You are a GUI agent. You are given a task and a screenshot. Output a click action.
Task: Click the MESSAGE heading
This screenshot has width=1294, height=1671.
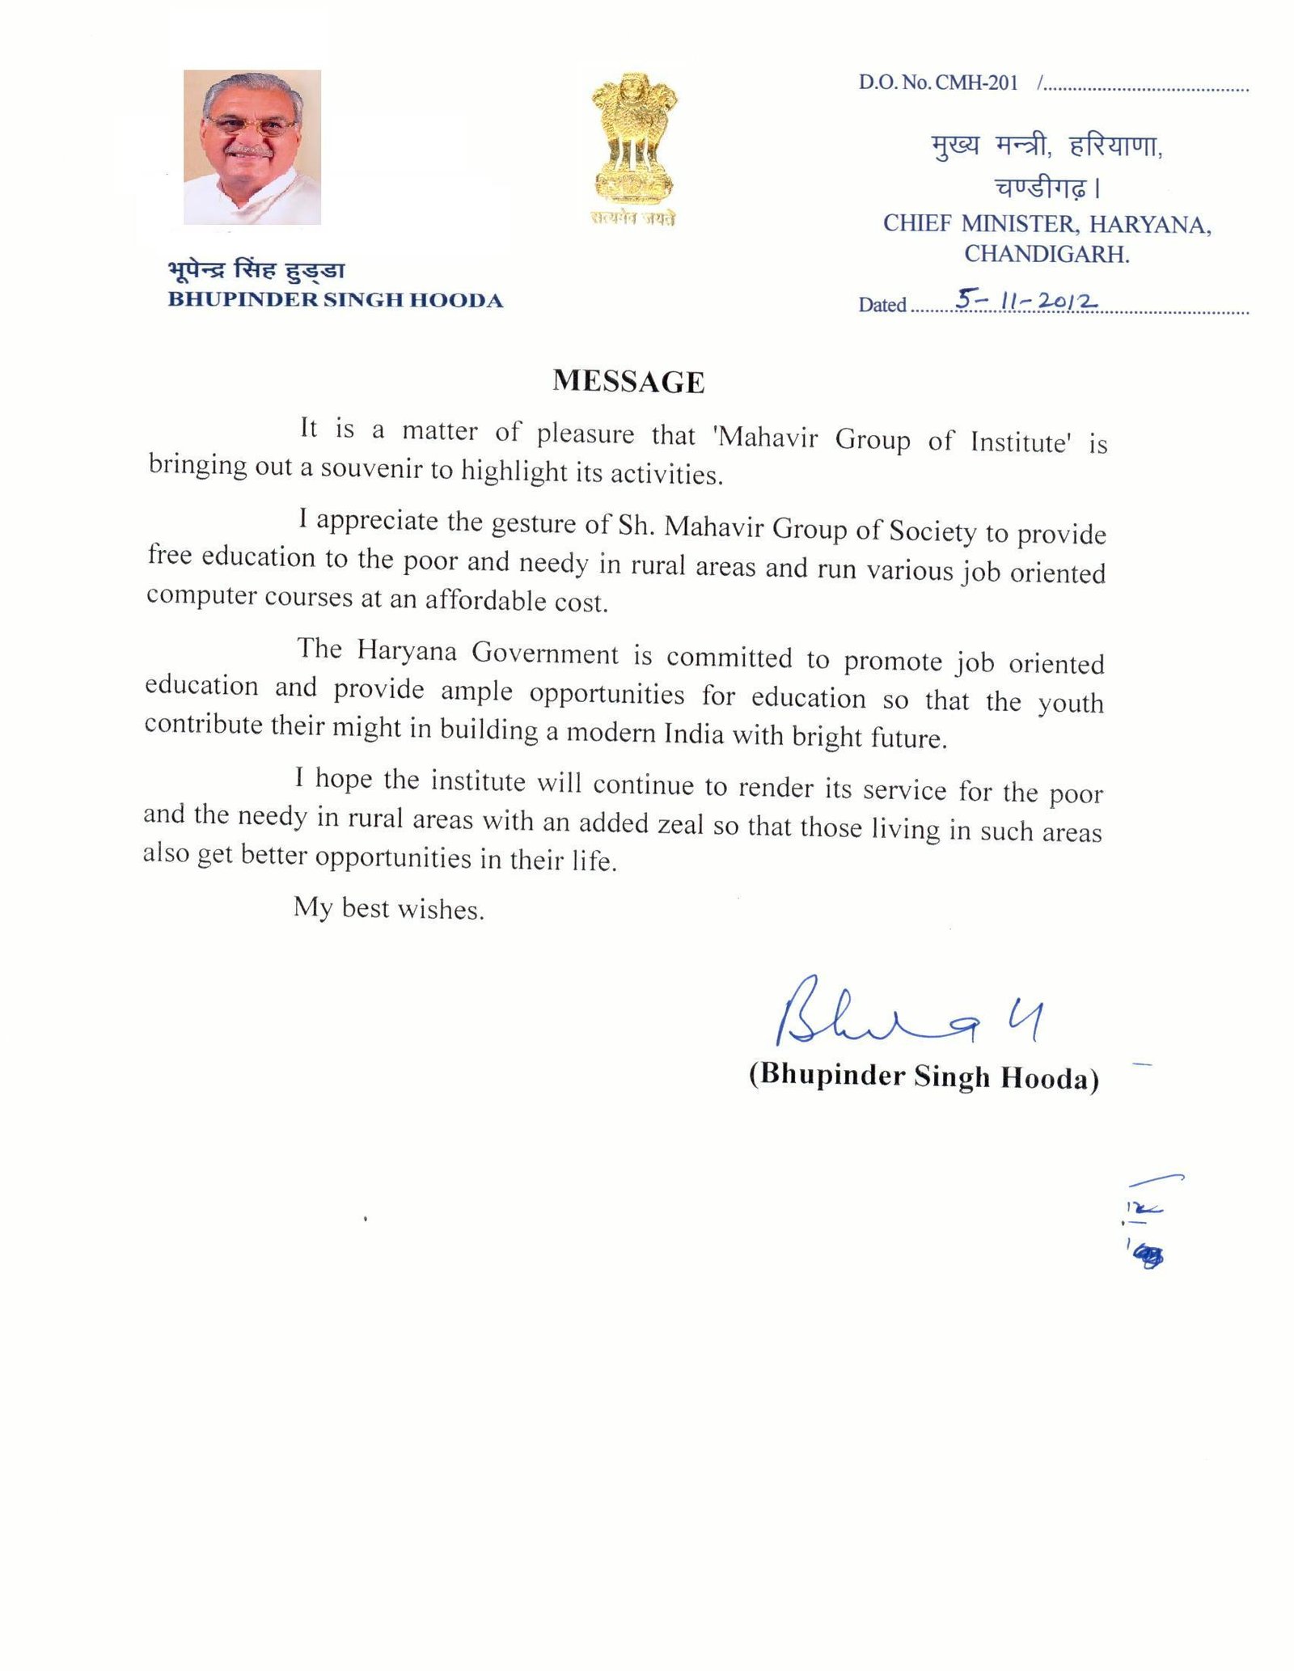coord(628,381)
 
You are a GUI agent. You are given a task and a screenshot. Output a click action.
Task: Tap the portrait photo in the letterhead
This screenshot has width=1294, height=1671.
coord(252,147)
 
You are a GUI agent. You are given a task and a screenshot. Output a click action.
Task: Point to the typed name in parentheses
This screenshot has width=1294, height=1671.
coord(924,1077)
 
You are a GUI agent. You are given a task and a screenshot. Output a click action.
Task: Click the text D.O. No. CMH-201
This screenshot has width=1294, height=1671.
coord(938,82)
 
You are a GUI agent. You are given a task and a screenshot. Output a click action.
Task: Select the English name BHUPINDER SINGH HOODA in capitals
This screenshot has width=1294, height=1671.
coord(335,300)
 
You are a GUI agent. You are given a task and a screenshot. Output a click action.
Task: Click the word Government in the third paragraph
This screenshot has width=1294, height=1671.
coord(545,653)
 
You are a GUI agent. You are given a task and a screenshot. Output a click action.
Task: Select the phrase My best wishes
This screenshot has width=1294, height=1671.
coord(389,908)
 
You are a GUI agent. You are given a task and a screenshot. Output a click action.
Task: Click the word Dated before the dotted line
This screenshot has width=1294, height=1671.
coord(882,305)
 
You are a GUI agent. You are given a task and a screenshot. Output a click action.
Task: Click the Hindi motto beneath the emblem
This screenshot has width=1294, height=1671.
coord(632,218)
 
